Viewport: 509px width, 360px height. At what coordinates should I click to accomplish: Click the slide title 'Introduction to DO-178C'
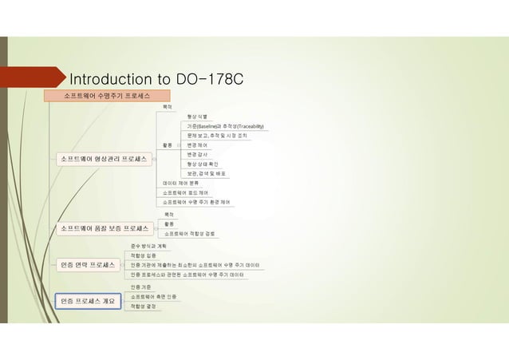pyautogui.click(x=156, y=80)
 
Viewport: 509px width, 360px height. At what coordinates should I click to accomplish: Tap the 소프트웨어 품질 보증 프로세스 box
pyautogui.click(x=107, y=228)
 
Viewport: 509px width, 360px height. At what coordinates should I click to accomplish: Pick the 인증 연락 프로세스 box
pyautogui.click(x=89, y=264)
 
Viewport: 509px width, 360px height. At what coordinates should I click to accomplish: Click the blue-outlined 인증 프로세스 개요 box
pyautogui.click(x=89, y=301)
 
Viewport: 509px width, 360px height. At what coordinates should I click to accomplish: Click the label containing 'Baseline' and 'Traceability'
pyautogui.click(x=225, y=126)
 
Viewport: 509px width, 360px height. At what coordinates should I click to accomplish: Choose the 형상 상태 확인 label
pyautogui.click(x=203, y=164)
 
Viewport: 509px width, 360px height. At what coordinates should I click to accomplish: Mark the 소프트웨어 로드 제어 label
pyautogui.click(x=185, y=192)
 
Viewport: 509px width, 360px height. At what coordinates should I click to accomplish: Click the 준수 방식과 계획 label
pyautogui.click(x=148, y=246)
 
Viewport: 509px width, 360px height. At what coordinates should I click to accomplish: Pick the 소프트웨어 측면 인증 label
pyautogui.click(x=153, y=296)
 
